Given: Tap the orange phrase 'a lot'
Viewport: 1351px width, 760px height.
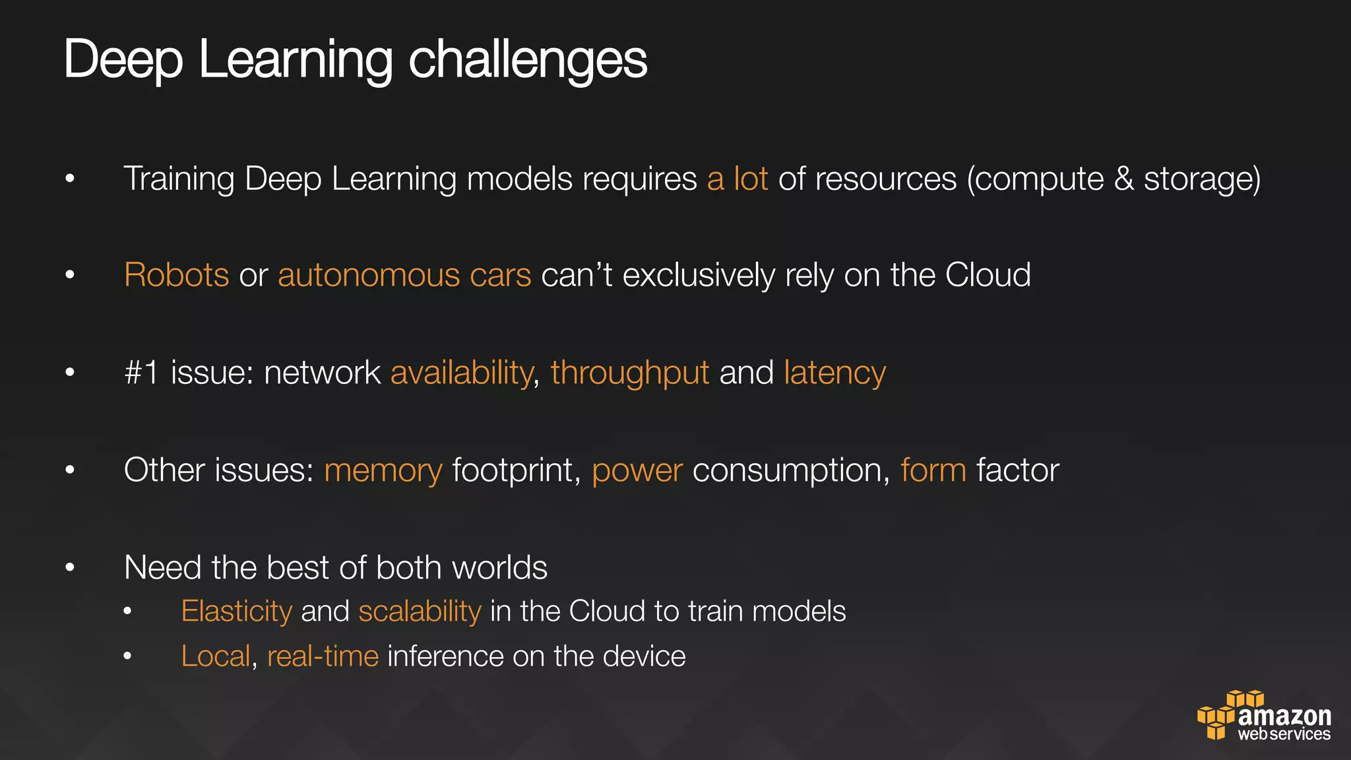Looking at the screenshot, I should click(x=738, y=179).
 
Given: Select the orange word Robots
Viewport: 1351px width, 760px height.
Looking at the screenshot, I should click(x=176, y=275).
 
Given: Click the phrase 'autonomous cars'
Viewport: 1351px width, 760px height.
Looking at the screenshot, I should click(x=404, y=275).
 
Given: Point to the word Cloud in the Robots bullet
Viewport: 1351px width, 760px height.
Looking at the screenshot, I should click(x=988, y=275).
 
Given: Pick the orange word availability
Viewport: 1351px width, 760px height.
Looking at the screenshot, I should click(x=462, y=373).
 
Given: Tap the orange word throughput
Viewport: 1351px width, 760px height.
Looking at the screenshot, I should click(x=630, y=373).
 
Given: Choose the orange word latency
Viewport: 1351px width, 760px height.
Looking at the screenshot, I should click(x=834, y=373).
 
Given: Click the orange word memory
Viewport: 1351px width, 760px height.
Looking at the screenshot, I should click(x=383, y=470).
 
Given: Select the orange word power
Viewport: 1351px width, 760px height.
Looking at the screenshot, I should click(x=637, y=470).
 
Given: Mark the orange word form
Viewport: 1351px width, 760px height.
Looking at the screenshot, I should click(x=933, y=470).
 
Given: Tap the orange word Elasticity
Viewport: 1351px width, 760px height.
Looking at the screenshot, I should click(x=236, y=612).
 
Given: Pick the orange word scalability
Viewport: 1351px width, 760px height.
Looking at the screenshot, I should click(x=420, y=612).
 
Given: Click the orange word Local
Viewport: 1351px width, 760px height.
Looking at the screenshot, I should click(x=216, y=656).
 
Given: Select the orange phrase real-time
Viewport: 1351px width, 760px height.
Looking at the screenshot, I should click(x=323, y=656).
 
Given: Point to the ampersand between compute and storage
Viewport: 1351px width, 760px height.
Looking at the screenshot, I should click(x=1123, y=179).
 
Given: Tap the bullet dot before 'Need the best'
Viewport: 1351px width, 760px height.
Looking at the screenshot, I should click(x=70, y=567).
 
